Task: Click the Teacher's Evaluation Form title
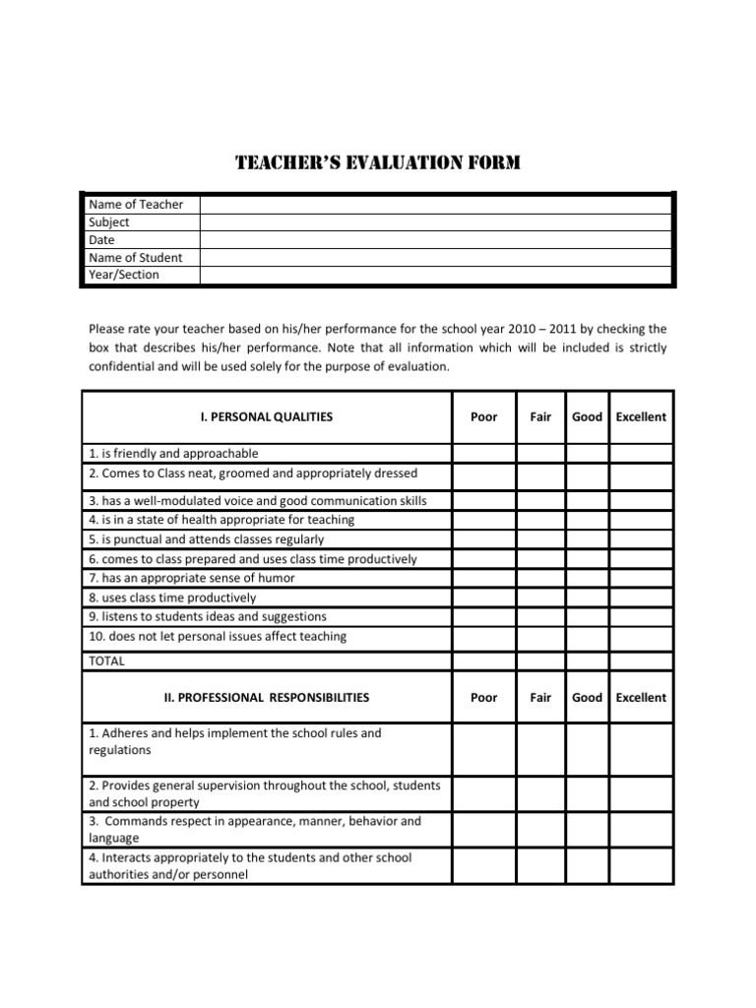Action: click(x=378, y=162)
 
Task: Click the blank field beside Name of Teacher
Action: click(x=435, y=204)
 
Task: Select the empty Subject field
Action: click(x=435, y=221)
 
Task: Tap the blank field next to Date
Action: click(x=435, y=239)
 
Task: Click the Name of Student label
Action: click(x=135, y=257)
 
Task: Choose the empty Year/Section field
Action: click(x=435, y=275)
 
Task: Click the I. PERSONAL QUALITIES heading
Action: click(x=267, y=416)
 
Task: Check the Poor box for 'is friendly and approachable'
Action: click(x=483, y=454)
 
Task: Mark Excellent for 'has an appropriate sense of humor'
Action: click(x=640, y=578)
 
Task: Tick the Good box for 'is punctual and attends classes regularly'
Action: click(x=587, y=539)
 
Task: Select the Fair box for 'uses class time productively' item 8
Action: click(x=540, y=598)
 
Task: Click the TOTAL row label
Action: click(x=106, y=661)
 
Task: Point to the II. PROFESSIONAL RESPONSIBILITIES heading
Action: click(x=267, y=697)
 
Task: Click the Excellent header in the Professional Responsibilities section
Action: click(x=640, y=697)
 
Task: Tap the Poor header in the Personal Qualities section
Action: click(x=483, y=416)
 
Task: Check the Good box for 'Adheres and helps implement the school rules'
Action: click(x=587, y=749)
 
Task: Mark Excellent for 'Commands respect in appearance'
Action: click(x=640, y=829)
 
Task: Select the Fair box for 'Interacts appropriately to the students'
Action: click(x=540, y=865)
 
